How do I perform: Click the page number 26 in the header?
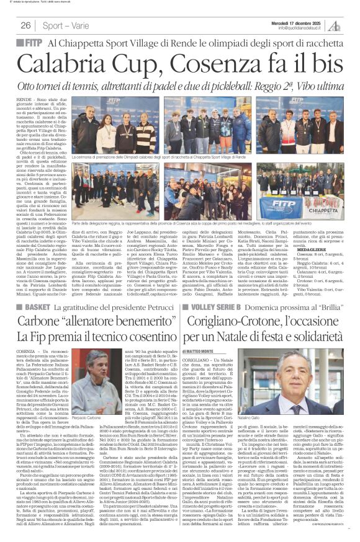(x=25, y=25)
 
